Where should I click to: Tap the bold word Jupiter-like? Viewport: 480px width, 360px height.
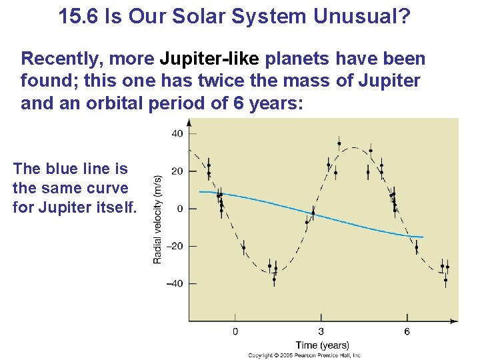(210, 59)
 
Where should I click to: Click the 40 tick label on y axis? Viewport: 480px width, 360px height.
(177, 133)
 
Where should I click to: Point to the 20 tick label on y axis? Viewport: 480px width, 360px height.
(177, 171)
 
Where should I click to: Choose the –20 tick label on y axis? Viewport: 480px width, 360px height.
(175, 246)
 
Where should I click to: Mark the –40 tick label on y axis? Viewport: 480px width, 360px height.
(175, 283)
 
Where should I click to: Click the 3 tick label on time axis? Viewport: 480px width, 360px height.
(321, 331)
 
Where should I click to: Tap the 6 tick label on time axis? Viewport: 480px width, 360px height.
(407, 331)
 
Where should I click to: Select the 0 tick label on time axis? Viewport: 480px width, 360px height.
(235, 331)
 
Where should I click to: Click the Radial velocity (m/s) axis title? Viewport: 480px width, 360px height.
(158, 219)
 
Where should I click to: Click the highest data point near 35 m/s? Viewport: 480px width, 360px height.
(339, 143)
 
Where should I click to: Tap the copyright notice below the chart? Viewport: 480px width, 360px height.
(305, 355)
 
